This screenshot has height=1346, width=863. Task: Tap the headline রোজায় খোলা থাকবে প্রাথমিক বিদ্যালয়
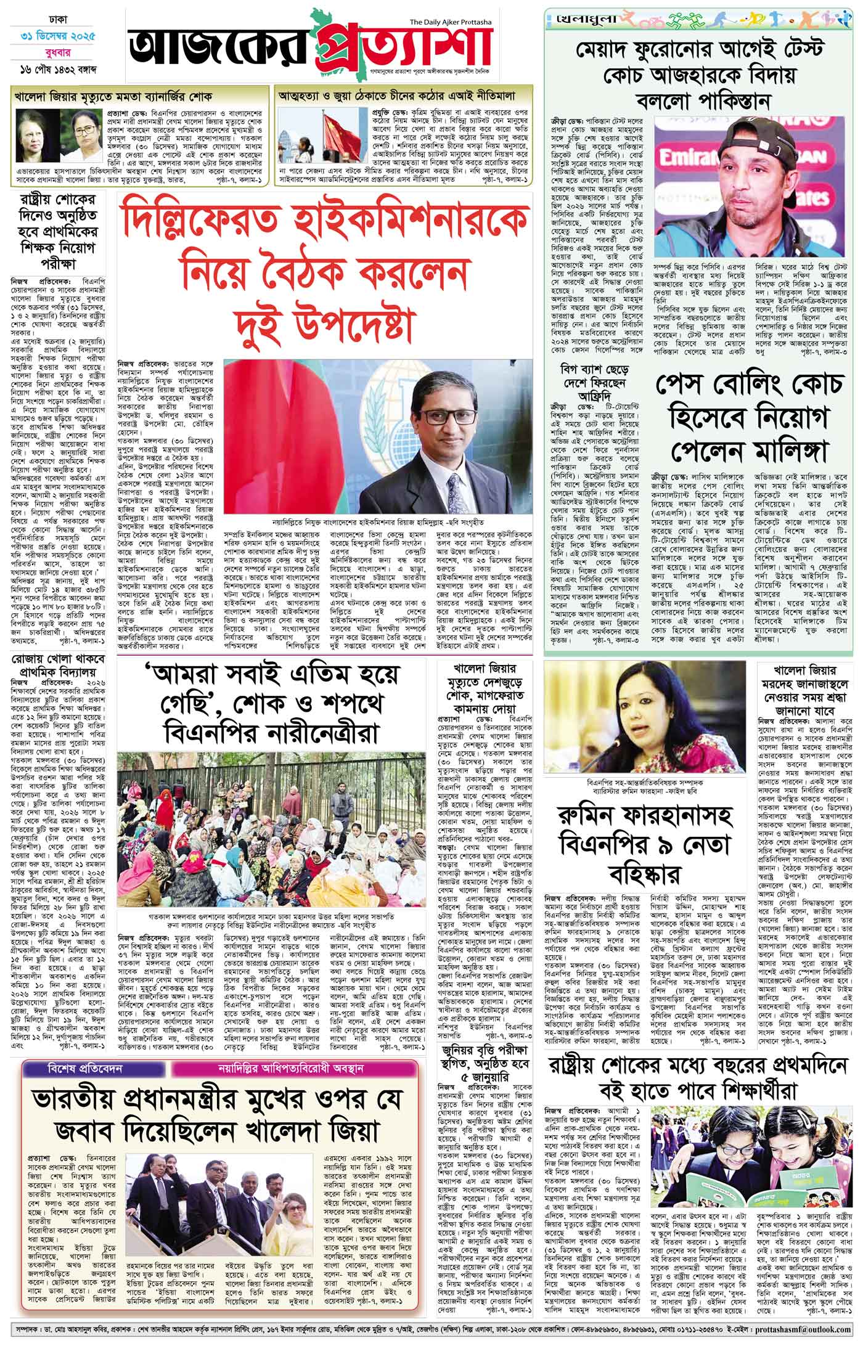click(x=59, y=667)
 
